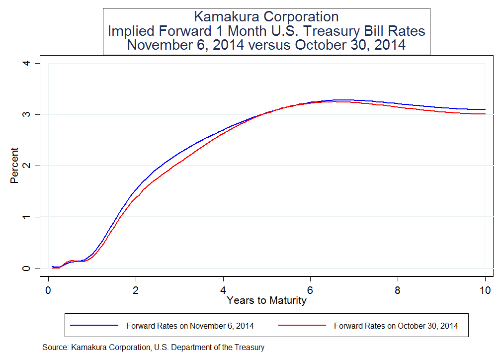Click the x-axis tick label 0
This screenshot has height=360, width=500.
(48, 290)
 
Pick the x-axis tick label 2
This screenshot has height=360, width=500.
(136, 290)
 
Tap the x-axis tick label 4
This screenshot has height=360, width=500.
(223, 290)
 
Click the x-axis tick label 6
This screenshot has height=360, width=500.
(311, 290)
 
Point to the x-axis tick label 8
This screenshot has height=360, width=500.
(398, 290)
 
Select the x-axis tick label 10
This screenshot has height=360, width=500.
(485, 290)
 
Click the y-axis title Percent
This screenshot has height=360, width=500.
(14, 166)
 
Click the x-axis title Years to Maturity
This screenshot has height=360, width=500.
(266, 300)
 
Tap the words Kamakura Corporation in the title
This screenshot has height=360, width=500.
(266, 17)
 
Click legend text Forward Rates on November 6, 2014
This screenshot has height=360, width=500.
(190, 326)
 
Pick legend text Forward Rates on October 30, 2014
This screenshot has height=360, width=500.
(396, 326)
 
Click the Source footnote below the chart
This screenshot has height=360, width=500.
(154, 347)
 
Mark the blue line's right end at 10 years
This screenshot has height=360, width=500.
(485, 109)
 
